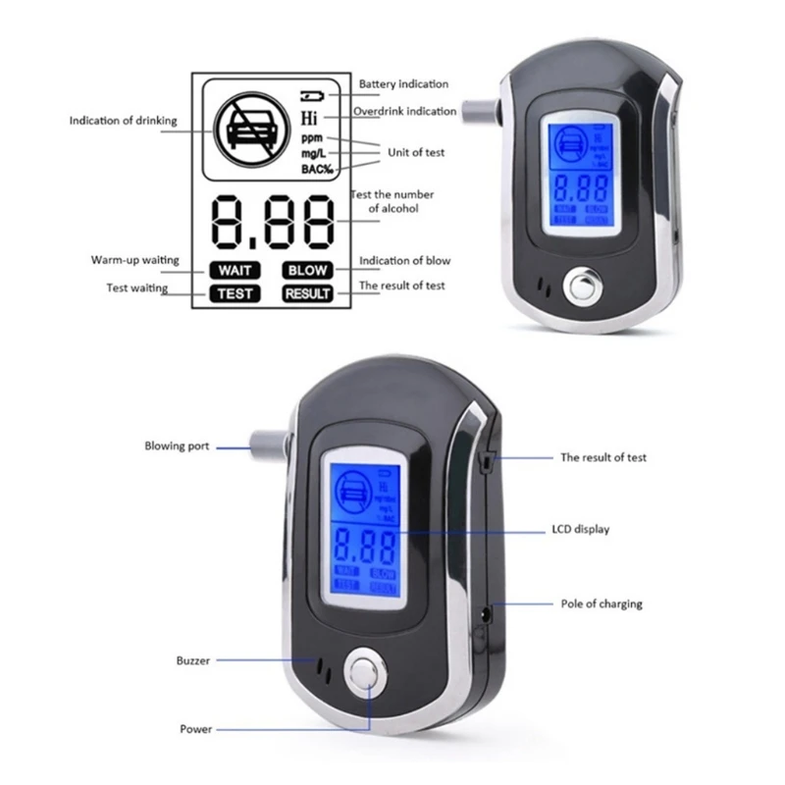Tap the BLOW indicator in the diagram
click(307, 270)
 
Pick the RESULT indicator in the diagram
click(307, 292)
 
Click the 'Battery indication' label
click(403, 84)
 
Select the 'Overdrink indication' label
click(404, 111)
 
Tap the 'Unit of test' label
click(417, 151)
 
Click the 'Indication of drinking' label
click(123, 121)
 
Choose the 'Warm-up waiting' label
click(135, 260)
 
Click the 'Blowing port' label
click(178, 446)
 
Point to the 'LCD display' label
click(580, 529)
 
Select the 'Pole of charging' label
click(602, 603)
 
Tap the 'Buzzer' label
click(193, 660)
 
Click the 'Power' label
click(195, 729)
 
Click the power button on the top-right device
click(578, 290)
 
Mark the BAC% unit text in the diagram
click(317, 169)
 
